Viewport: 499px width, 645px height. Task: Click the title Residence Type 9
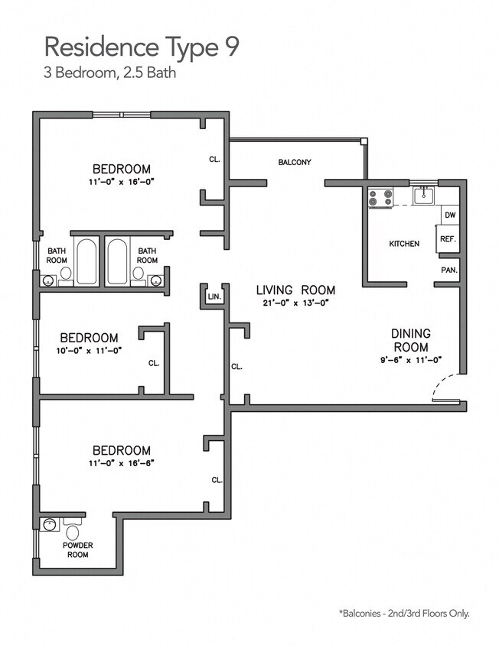(142, 47)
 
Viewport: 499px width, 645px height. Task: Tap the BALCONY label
(294, 162)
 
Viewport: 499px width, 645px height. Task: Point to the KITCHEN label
(404, 244)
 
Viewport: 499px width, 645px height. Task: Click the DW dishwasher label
(450, 216)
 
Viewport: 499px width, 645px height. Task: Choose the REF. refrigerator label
(448, 239)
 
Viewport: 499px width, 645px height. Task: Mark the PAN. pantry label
(448, 270)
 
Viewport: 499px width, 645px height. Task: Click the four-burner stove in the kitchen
(380, 198)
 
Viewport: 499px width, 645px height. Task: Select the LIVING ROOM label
(295, 290)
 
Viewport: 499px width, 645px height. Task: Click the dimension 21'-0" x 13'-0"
(295, 303)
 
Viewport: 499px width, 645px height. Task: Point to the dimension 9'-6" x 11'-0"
(411, 359)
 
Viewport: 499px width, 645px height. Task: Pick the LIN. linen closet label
(214, 296)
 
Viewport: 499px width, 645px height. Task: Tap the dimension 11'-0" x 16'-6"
(122, 463)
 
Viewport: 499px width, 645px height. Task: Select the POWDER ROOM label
(77, 549)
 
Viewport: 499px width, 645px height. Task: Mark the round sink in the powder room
(51, 525)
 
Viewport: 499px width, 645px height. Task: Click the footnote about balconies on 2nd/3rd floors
(403, 613)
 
